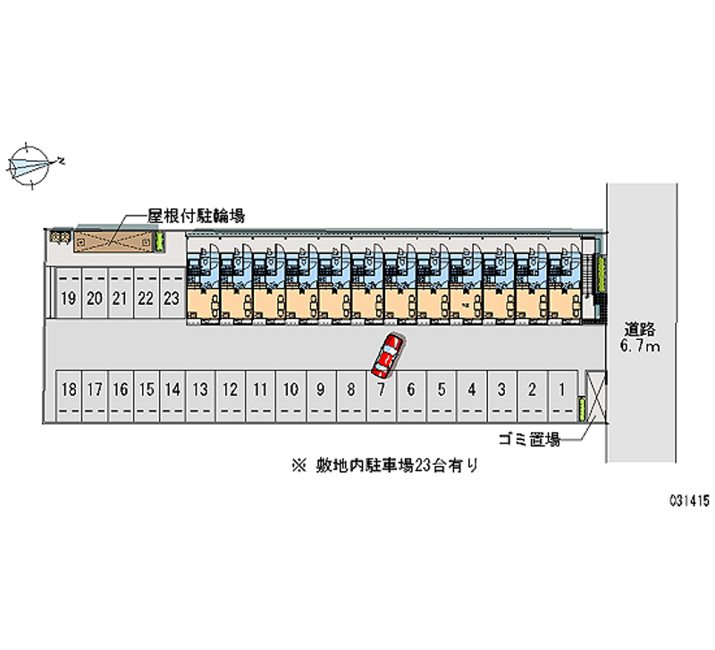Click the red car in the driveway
[387, 355]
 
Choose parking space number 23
[172, 300]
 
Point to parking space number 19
[67, 300]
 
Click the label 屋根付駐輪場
[197, 215]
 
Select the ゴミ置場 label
[529, 439]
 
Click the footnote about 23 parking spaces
[385, 465]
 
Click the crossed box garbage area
[593, 396]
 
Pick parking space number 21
[119, 300]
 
